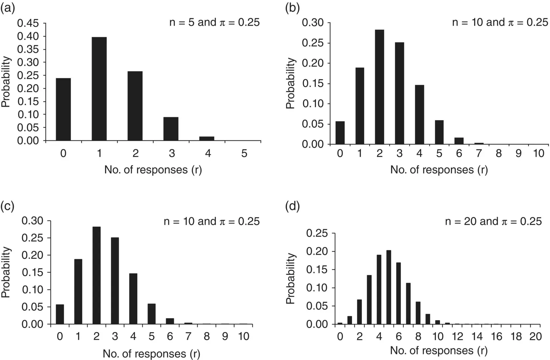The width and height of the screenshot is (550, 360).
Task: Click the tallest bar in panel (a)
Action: click(99, 89)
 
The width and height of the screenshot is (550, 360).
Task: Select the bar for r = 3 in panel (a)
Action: click(171, 129)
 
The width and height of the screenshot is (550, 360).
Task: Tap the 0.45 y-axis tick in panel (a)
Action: click(30, 23)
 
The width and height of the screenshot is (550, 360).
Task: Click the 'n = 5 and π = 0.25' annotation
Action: click(214, 22)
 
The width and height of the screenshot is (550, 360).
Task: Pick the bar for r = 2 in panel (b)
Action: click(379, 87)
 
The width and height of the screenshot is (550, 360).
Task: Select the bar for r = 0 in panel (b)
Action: click(340, 133)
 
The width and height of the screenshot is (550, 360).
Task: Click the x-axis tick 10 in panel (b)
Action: click(539, 154)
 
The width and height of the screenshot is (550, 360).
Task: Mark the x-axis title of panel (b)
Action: click(439, 169)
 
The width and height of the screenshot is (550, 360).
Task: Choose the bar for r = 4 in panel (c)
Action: click(133, 299)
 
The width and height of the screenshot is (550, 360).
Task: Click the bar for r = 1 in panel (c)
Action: click(78, 292)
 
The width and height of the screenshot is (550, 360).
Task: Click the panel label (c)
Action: click(7, 206)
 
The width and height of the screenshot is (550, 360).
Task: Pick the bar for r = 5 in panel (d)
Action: click(389, 287)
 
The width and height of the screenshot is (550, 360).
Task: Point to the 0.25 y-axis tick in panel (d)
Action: click(317, 233)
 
